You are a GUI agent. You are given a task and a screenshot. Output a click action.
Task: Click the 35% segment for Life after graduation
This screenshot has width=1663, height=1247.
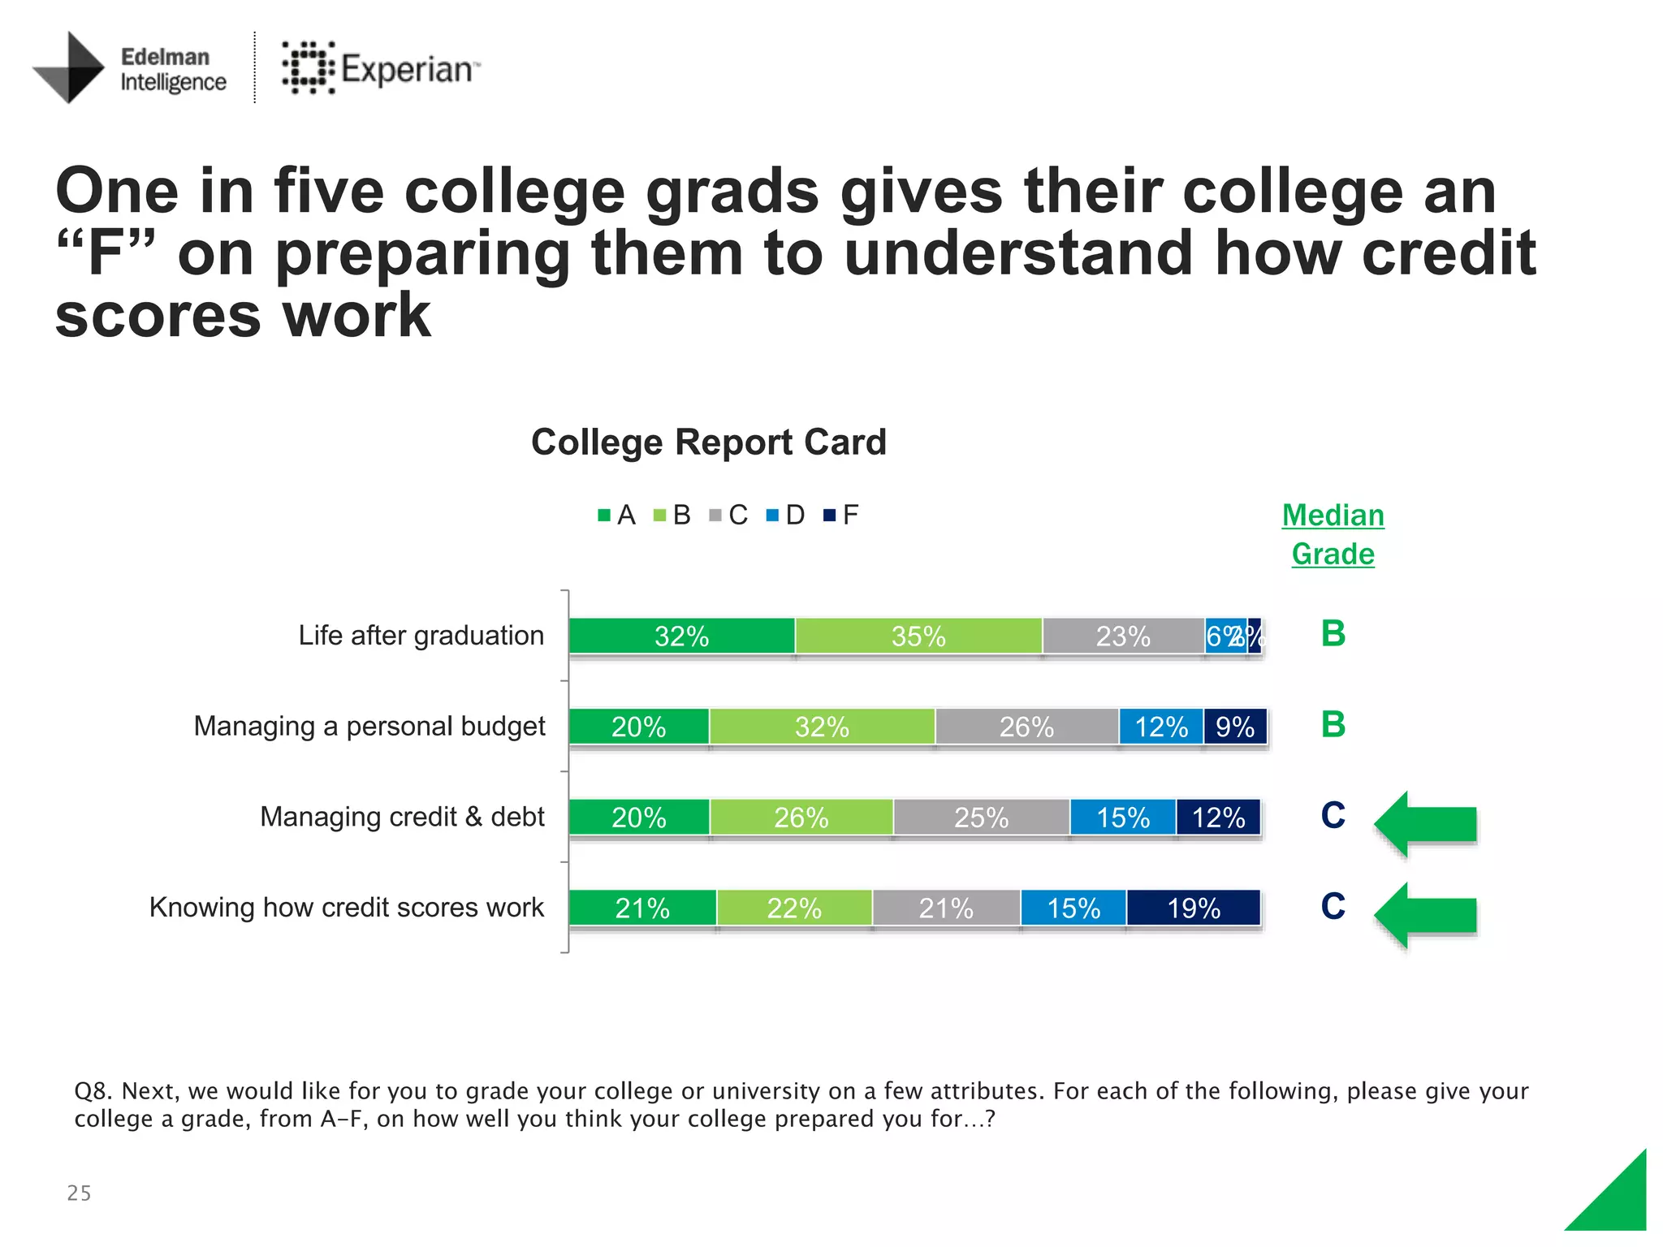pyautogui.click(x=918, y=636)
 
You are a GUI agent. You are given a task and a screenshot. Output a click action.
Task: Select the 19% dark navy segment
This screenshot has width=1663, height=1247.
pyautogui.click(x=1194, y=908)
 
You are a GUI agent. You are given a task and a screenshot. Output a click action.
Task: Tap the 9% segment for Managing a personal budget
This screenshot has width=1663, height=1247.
pyautogui.click(x=1235, y=727)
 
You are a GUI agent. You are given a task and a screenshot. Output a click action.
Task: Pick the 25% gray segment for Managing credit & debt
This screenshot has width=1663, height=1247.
pyautogui.click(x=981, y=817)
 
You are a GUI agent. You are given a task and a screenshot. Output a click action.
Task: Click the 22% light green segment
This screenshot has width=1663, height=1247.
pyautogui.click(x=794, y=908)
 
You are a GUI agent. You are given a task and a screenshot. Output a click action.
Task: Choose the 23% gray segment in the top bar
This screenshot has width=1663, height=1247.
pyautogui.click(x=1123, y=636)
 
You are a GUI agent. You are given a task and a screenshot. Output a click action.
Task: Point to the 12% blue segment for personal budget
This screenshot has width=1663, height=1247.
pyautogui.click(x=1161, y=727)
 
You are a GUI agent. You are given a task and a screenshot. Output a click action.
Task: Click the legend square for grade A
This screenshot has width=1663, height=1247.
pyautogui.click(x=604, y=516)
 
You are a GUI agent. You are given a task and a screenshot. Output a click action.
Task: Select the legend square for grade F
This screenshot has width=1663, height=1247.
pyautogui.click(x=829, y=516)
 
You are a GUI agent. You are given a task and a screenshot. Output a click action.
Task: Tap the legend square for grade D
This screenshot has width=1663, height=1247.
pyautogui.click(x=772, y=516)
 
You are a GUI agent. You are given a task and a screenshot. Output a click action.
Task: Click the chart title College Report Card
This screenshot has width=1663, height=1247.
pyautogui.click(x=708, y=442)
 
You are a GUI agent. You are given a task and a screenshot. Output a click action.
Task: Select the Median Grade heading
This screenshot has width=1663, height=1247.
pyautogui.click(x=1333, y=534)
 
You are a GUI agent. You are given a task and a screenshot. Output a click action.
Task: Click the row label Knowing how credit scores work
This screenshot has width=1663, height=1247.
pyautogui.click(x=347, y=907)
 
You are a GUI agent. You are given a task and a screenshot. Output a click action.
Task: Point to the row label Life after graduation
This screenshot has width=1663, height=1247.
pyautogui.click(x=421, y=635)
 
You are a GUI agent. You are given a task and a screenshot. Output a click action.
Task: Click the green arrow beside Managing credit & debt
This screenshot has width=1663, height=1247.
pyautogui.click(x=1427, y=823)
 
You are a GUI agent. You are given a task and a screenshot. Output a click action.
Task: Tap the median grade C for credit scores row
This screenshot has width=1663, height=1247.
pyautogui.click(x=1333, y=906)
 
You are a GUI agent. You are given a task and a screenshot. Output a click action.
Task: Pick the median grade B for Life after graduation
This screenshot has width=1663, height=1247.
pyautogui.click(x=1333, y=633)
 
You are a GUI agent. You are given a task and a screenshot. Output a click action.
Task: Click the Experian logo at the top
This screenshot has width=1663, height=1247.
pyautogui.click(x=381, y=68)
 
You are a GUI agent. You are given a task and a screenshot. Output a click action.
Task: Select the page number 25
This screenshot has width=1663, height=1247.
pyautogui.click(x=79, y=1193)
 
